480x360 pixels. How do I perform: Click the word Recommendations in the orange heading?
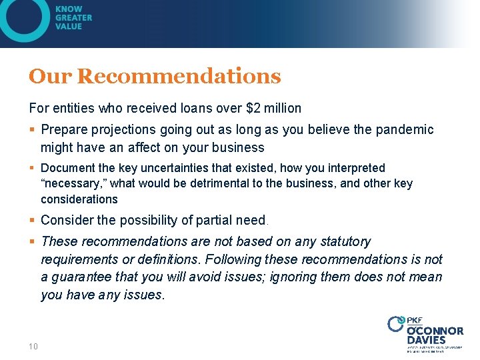coord(179,77)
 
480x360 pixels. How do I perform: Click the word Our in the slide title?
coord(51,77)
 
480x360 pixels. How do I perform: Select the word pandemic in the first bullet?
coord(407,130)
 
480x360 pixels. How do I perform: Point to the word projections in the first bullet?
coord(122,130)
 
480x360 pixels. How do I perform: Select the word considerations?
coord(79,199)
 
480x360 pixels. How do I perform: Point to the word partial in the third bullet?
coord(199,220)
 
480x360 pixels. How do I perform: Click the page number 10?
coord(33,346)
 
